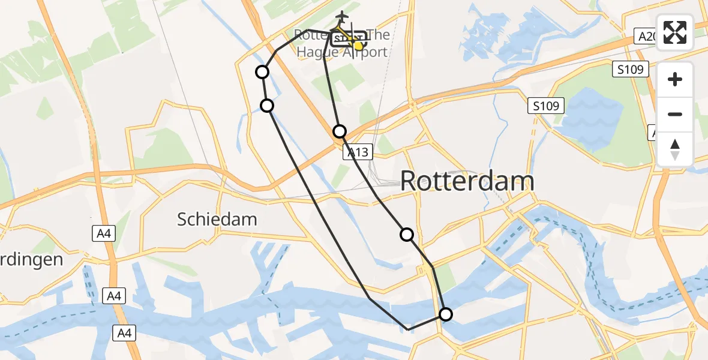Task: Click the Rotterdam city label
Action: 467,181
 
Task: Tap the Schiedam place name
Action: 217,219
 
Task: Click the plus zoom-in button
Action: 675,80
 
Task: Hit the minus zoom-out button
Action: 675,114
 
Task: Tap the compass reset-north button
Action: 675,149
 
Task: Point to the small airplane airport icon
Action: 342,16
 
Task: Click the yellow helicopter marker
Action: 358,45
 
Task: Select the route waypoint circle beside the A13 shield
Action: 340,131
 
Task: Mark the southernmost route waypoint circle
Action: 446,314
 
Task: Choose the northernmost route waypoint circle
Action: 262,72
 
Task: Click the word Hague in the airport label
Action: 319,52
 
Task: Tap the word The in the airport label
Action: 378,35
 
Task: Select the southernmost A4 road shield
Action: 125,332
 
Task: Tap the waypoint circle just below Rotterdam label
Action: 407,235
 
